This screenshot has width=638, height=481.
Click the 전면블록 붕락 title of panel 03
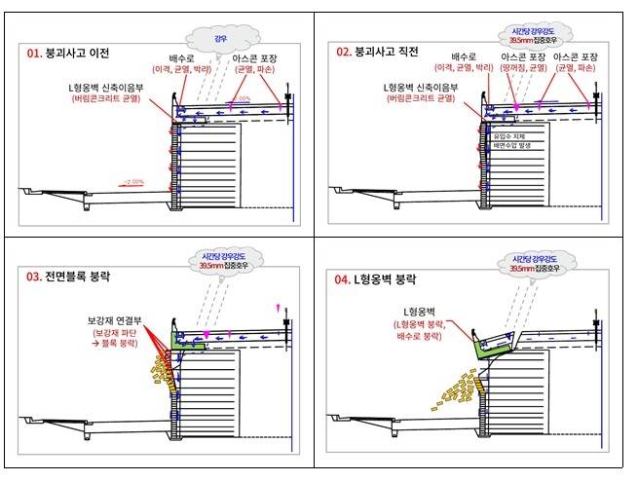click(x=78, y=277)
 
